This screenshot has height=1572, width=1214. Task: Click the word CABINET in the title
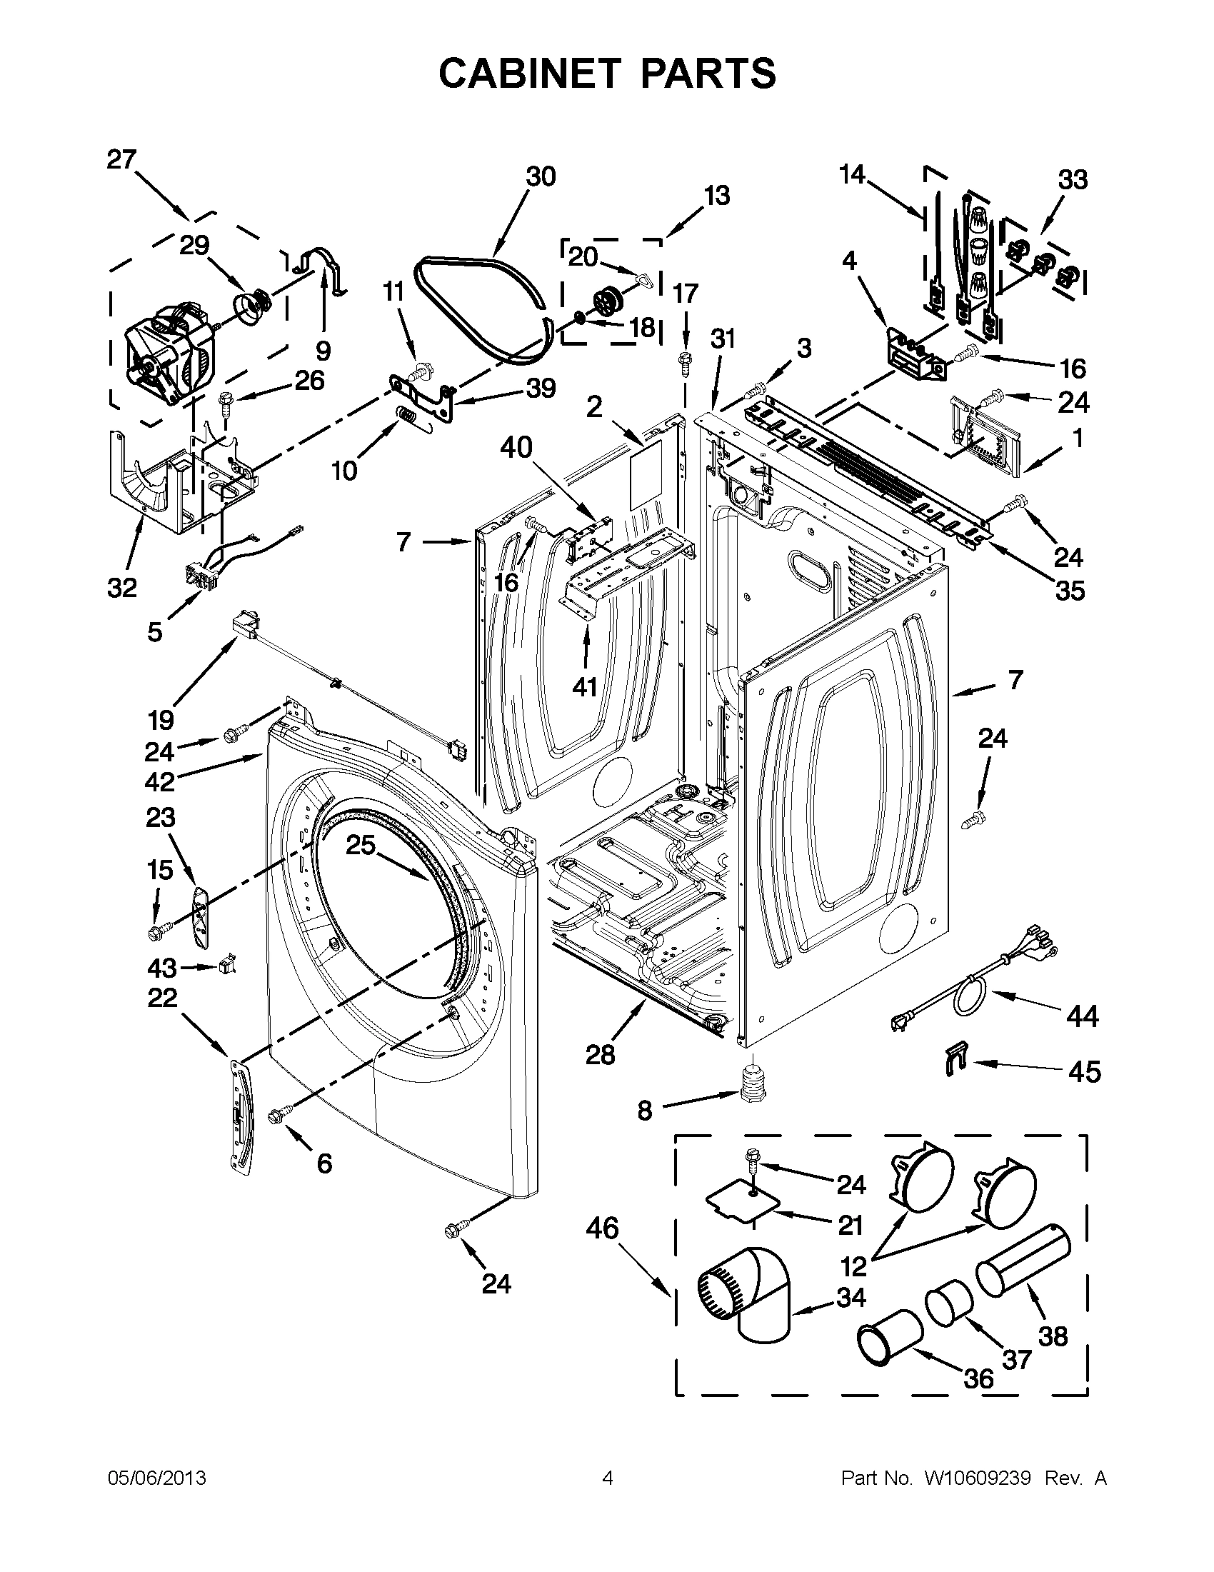[x=529, y=74]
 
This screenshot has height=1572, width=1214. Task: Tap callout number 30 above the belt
[x=541, y=176]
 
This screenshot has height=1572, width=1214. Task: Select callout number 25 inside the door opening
[x=361, y=845]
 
